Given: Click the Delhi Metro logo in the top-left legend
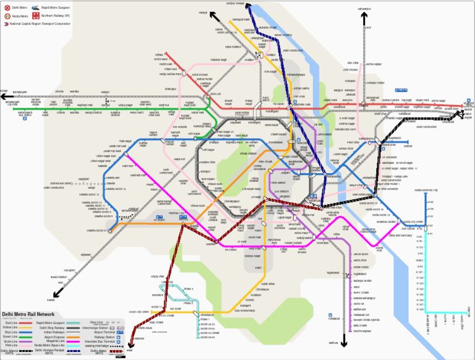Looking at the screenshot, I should (x=6, y=7).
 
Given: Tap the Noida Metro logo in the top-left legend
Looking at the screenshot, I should (x=6, y=15).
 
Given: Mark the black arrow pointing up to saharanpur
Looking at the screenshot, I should (x=364, y=19).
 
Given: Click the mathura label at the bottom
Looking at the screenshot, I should (x=333, y=342).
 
